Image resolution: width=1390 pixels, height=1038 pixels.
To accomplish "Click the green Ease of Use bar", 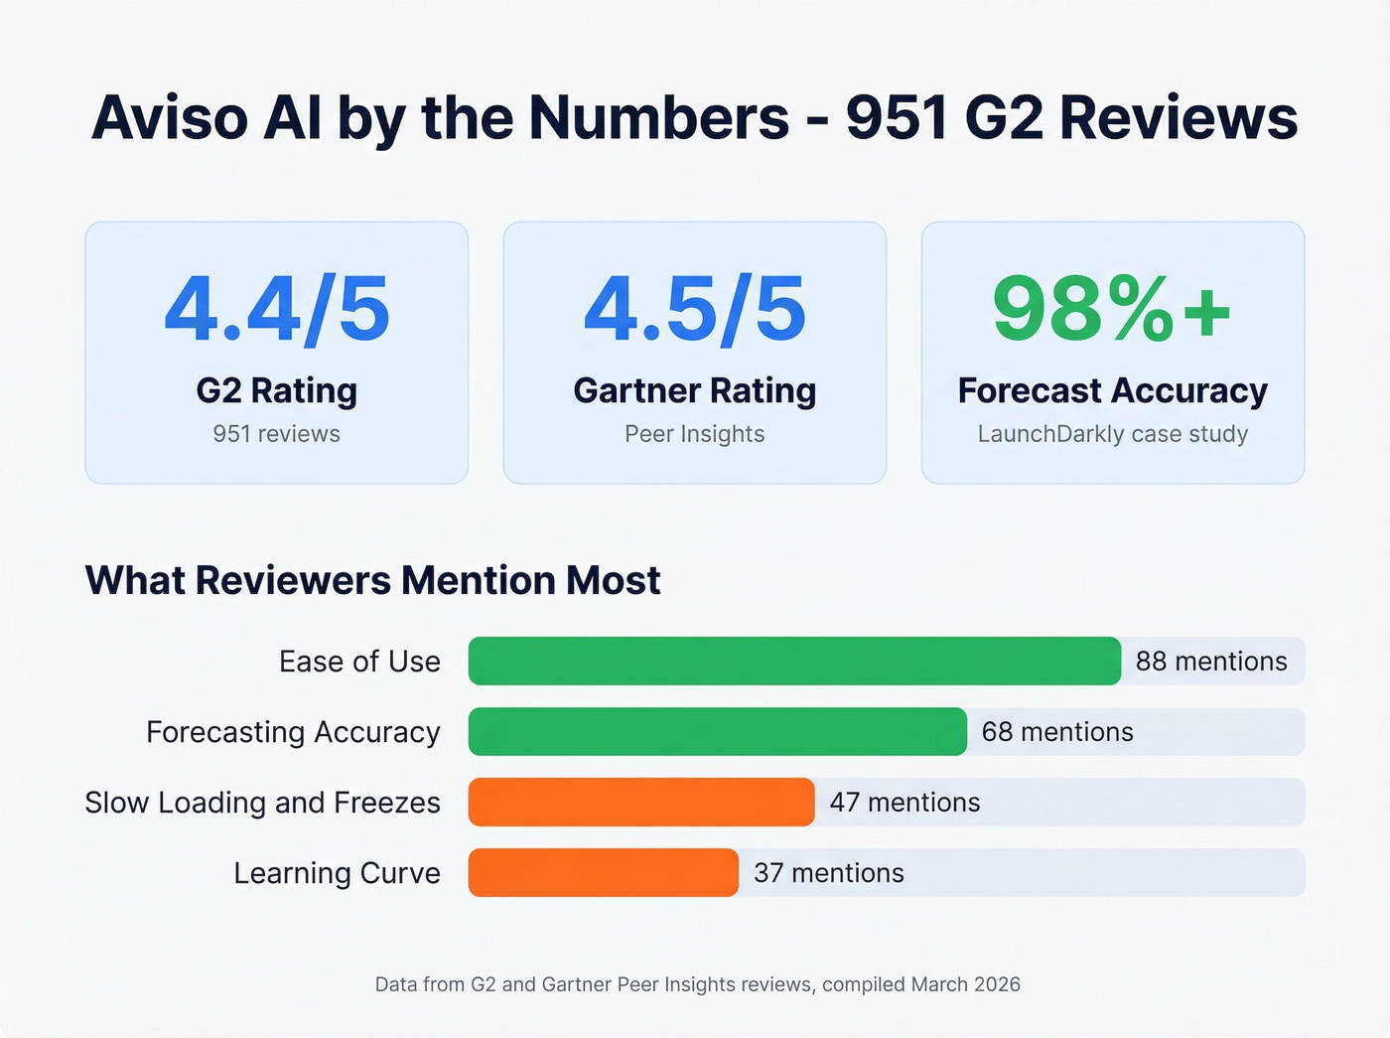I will tap(794, 662).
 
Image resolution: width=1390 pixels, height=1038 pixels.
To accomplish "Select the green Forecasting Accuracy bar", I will tap(717, 732).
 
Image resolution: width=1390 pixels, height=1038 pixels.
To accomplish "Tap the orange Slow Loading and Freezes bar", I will tap(641, 803).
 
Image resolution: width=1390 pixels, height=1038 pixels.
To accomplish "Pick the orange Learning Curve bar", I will tap(603, 873).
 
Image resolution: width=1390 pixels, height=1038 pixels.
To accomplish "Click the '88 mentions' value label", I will tap(1211, 662).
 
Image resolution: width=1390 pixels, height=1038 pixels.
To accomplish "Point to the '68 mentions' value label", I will tap(1057, 732).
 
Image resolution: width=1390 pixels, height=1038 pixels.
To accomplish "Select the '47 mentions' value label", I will tap(904, 803).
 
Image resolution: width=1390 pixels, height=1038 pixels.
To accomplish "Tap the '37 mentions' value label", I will tap(829, 873).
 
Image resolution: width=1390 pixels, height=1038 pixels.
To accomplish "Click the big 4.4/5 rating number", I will tap(277, 310).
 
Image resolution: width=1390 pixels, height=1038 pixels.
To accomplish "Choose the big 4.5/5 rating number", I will tap(695, 310).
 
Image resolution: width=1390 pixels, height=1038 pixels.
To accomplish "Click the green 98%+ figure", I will tap(1112, 310).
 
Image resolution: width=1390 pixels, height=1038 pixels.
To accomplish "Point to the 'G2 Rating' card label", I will tap(277, 391).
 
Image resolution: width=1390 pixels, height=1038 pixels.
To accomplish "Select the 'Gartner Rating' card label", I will tap(695, 391).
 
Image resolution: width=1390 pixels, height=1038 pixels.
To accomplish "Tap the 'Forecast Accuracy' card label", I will tap(1113, 391).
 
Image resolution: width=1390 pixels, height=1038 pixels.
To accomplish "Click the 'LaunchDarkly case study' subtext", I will tap(1113, 434).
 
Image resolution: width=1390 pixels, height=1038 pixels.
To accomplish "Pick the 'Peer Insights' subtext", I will tap(695, 434).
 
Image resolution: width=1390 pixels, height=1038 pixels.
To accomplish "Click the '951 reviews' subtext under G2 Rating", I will tap(277, 434).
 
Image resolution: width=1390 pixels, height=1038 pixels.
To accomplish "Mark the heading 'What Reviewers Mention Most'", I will tap(373, 581).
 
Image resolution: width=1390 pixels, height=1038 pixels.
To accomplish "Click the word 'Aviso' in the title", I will tap(170, 118).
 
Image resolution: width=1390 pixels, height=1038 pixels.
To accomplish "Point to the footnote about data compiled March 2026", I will tap(698, 984).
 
